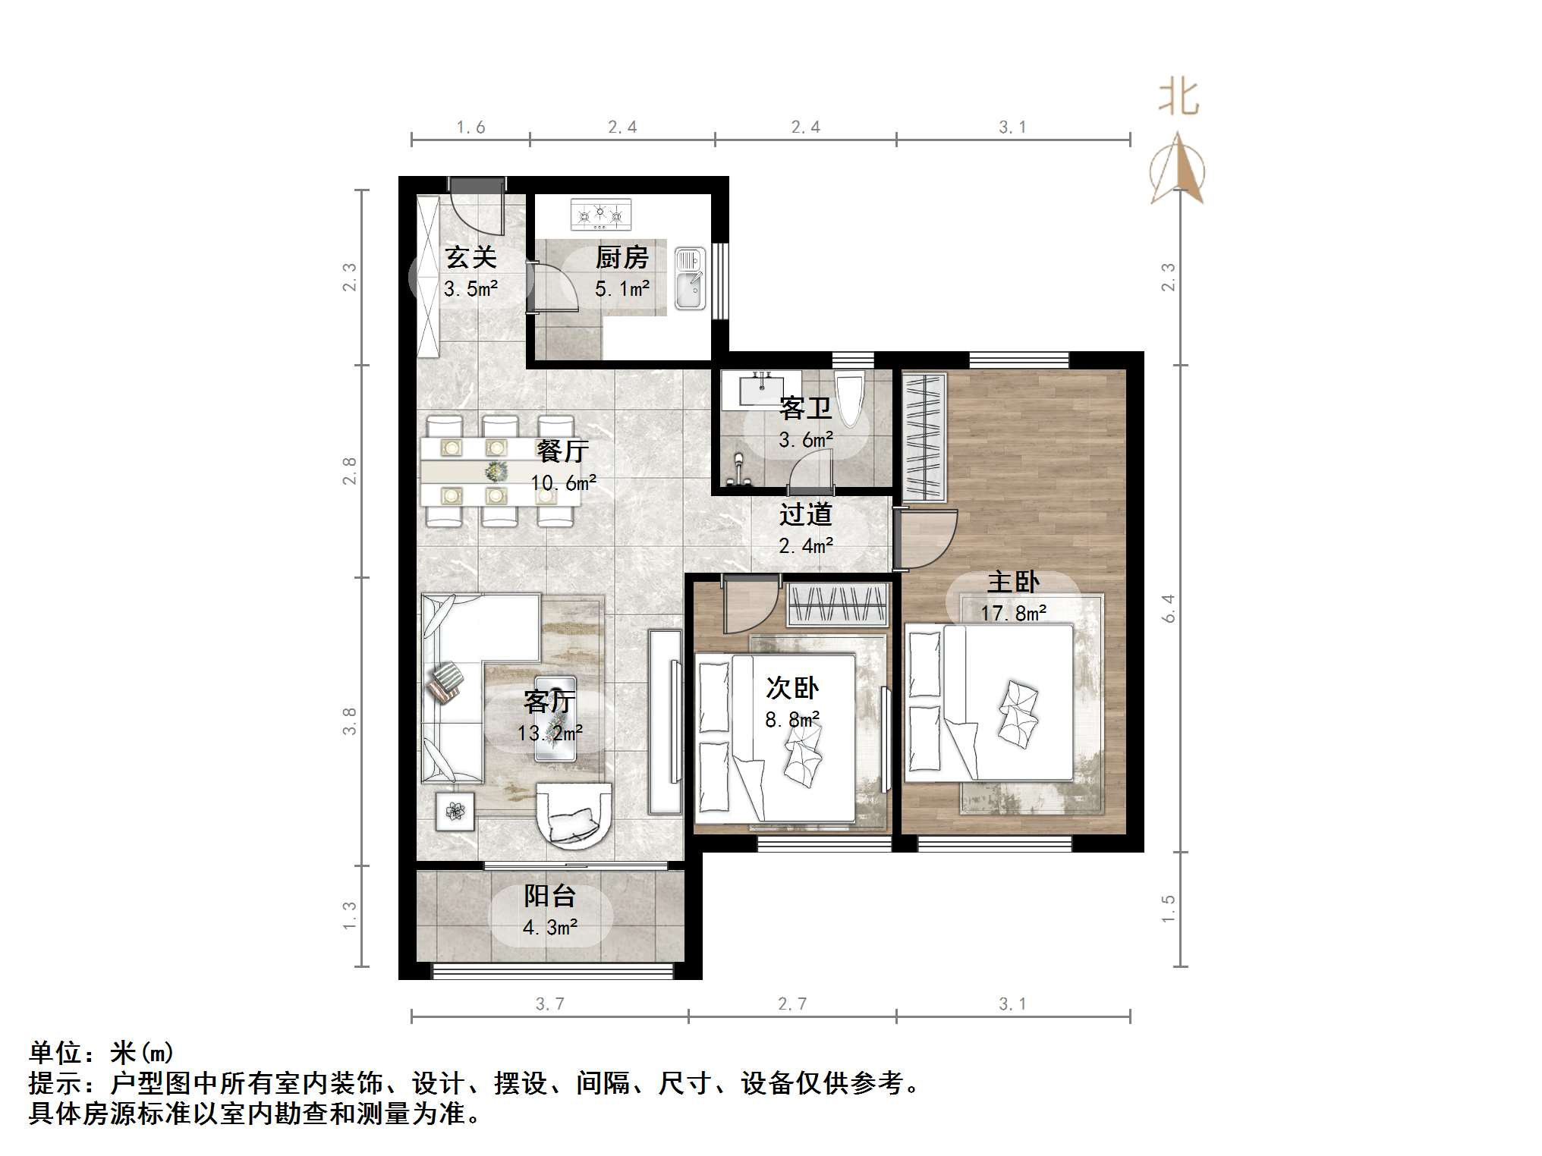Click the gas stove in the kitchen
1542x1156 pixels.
(x=600, y=215)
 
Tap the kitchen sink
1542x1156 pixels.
(x=690, y=278)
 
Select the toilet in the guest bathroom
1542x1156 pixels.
(x=849, y=398)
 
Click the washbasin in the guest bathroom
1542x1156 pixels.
(x=760, y=391)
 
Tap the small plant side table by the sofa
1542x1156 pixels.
(x=455, y=811)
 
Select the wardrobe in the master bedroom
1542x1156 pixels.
(x=924, y=437)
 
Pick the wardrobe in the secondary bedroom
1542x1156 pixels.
(x=837, y=604)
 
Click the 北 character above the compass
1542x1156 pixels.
(x=1178, y=98)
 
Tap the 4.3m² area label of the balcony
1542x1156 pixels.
(x=550, y=927)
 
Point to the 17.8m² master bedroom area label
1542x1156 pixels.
(x=1013, y=612)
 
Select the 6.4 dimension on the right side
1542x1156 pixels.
(x=1169, y=608)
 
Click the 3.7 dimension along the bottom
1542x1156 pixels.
(x=549, y=1004)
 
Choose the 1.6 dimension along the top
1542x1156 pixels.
(x=470, y=127)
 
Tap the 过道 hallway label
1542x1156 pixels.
(x=805, y=514)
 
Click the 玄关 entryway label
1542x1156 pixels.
(x=470, y=257)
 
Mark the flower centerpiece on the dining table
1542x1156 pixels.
(x=496, y=472)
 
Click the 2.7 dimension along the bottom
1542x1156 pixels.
(x=792, y=1004)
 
